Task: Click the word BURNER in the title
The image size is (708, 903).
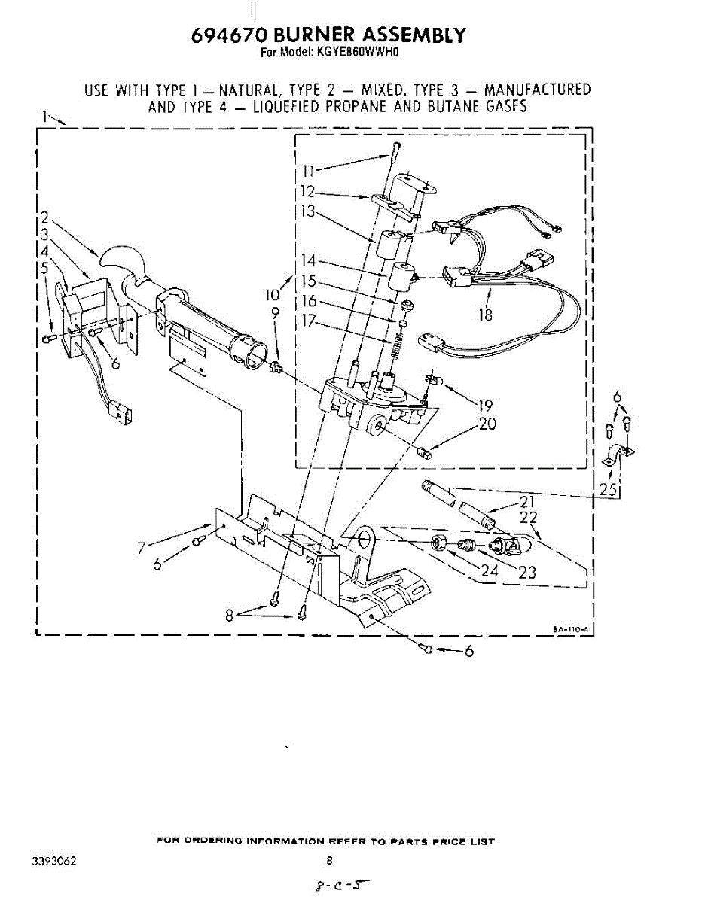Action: click(x=310, y=35)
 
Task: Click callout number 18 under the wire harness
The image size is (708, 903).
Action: click(x=486, y=315)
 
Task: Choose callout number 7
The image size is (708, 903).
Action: click(x=142, y=548)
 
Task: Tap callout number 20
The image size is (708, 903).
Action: click(x=487, y=424)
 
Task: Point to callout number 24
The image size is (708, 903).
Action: click(x=490, y=570)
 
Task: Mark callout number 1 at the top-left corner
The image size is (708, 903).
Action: click(x=46, y=117)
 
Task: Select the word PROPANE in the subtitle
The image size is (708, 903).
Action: click(x=357, y=106)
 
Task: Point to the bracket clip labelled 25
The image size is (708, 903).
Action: click(x=618, y=454)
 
